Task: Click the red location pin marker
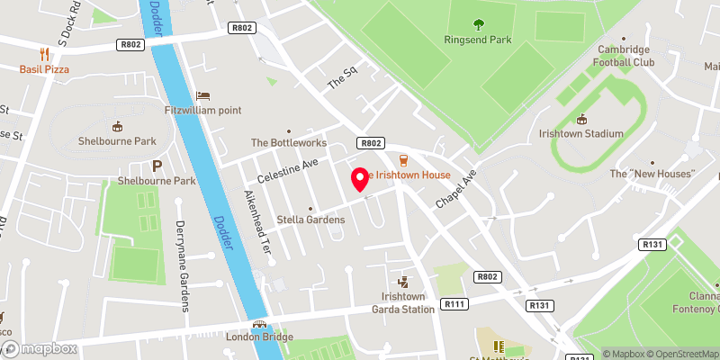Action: [x=361, y=178]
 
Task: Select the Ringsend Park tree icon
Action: [x=477, y=24]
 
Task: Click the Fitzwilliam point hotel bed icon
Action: [x=202, y=94]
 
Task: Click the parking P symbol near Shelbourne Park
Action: [x=157, y=166]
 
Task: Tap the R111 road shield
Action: [x=455, y=305]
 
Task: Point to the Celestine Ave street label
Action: [x=288, y=168]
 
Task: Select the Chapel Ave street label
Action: [x=456, y=187]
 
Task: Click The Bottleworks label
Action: [x=288, y=142]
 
